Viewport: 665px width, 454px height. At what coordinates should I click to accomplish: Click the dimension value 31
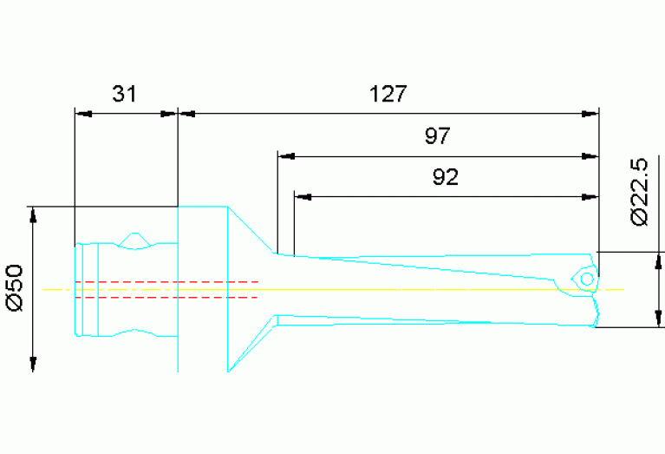pos(125,94)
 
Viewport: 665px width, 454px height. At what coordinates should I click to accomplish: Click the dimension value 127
pos(388,94)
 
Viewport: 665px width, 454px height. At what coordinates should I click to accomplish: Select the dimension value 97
pos(437,136)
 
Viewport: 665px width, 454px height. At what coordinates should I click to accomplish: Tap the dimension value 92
pos(445,178)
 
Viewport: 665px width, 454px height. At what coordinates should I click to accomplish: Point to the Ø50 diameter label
pos(15,288)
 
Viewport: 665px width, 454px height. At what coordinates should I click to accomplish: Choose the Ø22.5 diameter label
pos(641,192)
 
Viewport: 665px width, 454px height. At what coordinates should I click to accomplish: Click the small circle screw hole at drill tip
pos(586,279)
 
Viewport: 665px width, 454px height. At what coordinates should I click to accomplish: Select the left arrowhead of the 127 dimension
pos(186,113)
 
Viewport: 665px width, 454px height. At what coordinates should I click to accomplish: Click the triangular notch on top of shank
pos(135,239)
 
